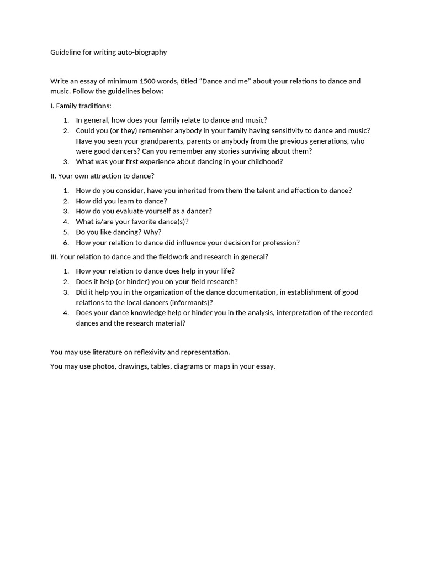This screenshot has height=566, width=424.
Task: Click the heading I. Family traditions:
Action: (81, 106)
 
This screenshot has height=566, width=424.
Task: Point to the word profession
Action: (279, 243)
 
